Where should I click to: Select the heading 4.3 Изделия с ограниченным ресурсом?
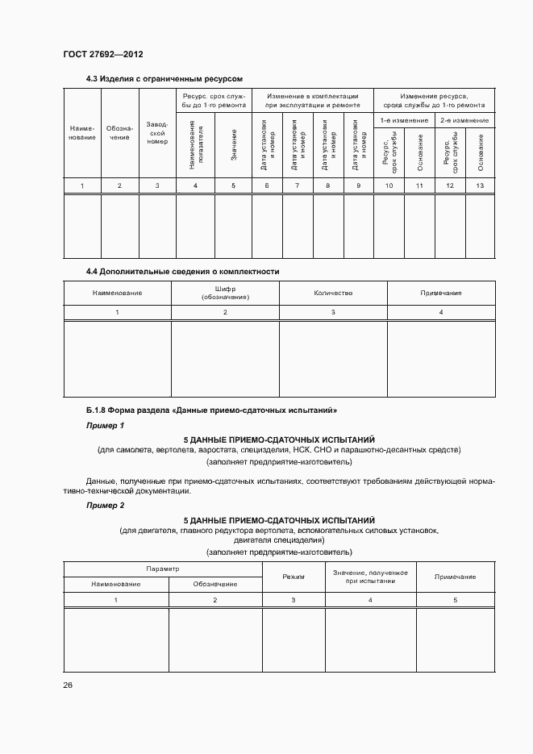point(164,78)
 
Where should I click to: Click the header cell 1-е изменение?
point(404,120)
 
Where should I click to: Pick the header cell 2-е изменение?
point(465,120)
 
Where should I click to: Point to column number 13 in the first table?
point(481,186)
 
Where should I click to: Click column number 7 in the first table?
point(297,186)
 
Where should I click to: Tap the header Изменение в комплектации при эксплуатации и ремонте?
point(312,100)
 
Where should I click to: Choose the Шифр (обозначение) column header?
point(225,293)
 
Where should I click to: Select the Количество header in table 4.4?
point(332,293)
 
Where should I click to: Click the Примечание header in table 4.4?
point(440,293)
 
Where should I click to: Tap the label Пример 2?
point(106,505)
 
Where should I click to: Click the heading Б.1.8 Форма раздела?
point(211,410)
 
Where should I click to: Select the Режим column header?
point(293,577)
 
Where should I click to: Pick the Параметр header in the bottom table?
point(162,569)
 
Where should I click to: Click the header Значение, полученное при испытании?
point(370,576)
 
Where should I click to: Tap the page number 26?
point(68,685)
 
